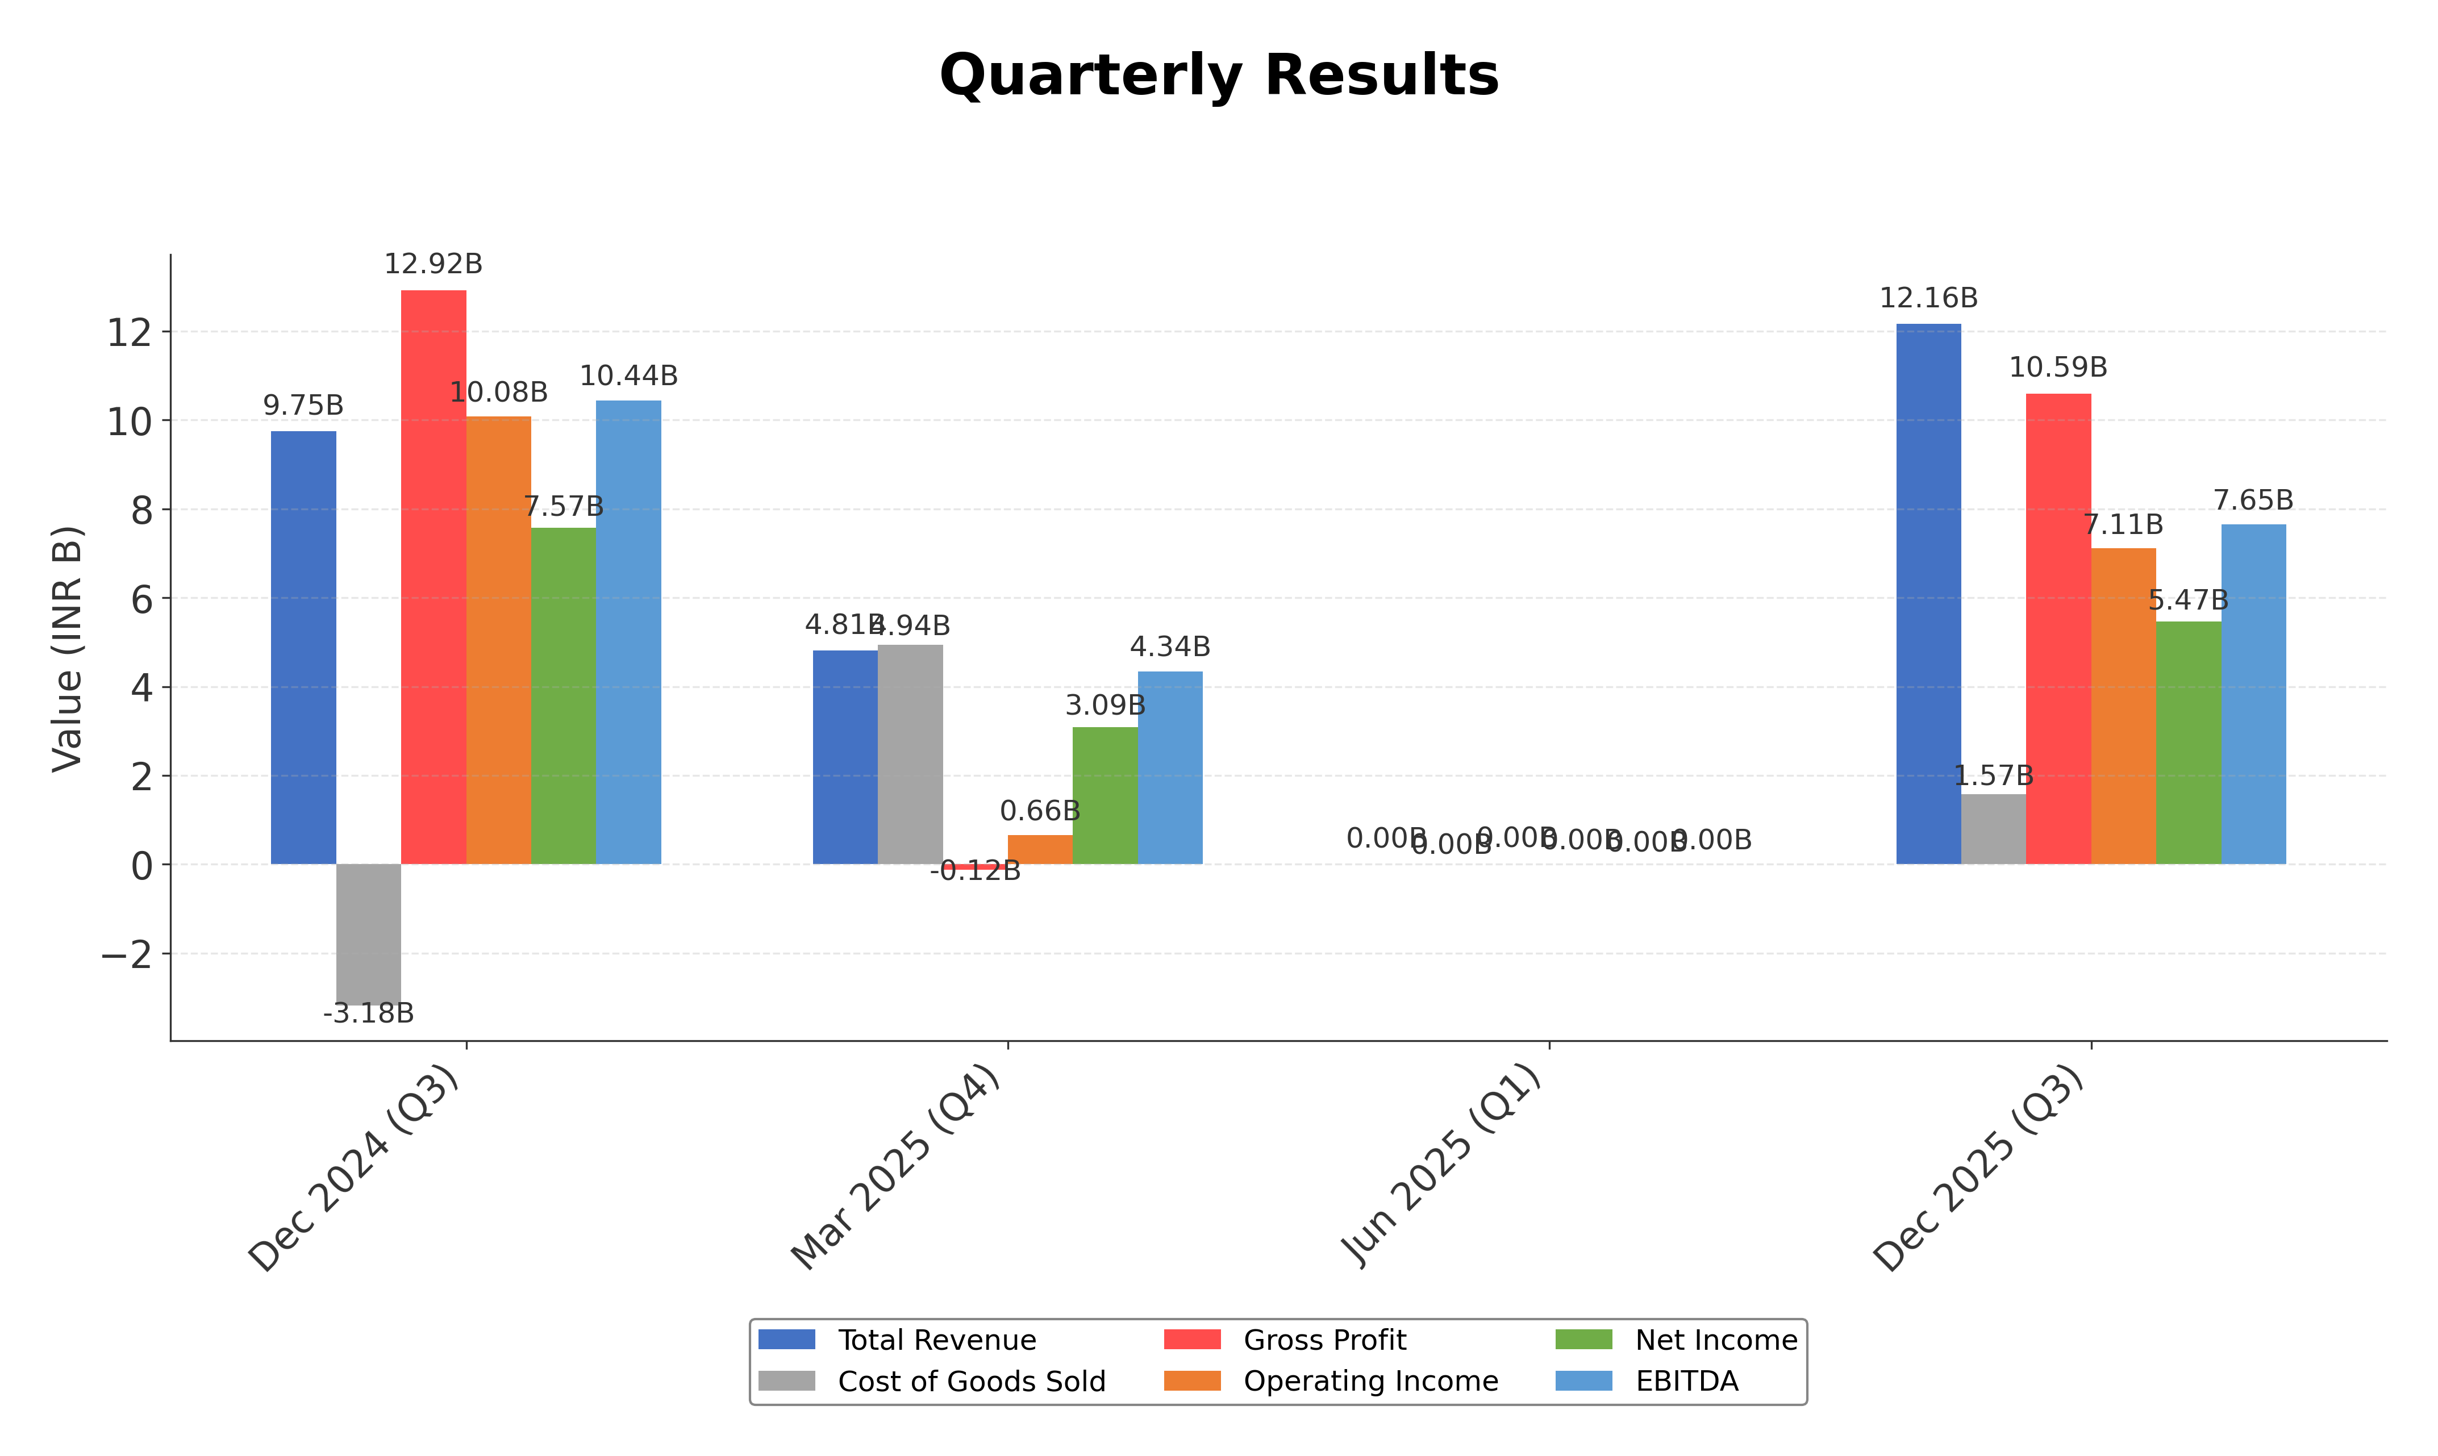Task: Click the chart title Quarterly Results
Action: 1219,76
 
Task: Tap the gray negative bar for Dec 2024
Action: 368,932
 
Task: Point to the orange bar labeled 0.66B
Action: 1040,850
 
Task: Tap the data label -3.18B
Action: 368,1013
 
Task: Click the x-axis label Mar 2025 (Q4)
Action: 897,1167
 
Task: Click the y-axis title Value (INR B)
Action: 68,649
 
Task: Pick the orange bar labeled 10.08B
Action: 498,640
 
